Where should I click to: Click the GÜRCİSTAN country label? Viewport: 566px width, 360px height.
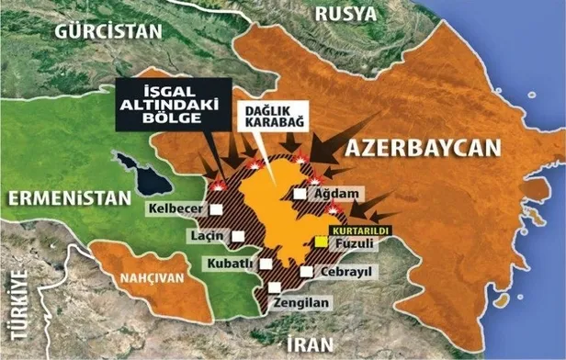tap(108, 29)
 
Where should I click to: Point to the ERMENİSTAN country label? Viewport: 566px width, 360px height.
tap(68, 197)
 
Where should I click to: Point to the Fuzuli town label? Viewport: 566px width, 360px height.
tap(353, 244)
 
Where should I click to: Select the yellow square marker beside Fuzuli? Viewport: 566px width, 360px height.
tap(320, 242)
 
